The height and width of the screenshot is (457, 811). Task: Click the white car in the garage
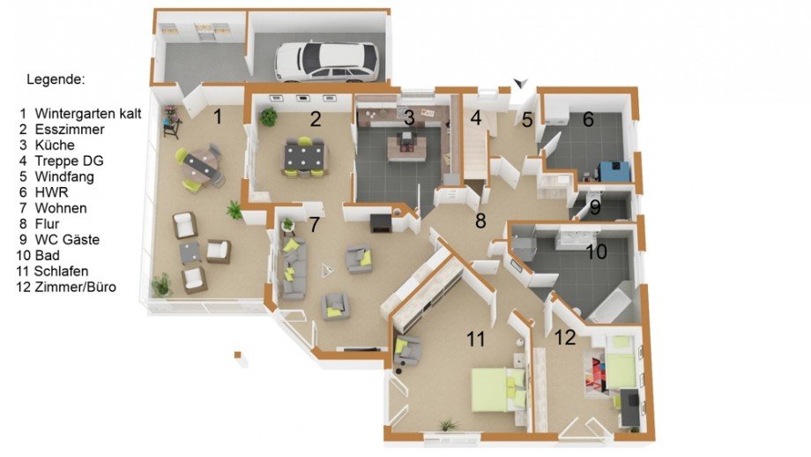tap(326, 62)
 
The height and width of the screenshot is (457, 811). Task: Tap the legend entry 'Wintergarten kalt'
tap(88, 113)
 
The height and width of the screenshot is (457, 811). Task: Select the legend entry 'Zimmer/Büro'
tap(76, 287)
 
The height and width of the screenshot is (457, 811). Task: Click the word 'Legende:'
tap(56, 79)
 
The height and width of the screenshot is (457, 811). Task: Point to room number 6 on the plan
tap(588, 120)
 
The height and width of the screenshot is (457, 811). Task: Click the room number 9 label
tap(595, 208)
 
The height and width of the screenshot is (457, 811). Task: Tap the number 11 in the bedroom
tap(476, 340)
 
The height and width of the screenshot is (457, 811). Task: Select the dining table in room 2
tap(305, 157)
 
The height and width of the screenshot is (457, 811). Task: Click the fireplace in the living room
tap(381, 223)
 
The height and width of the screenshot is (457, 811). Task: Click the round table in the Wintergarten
tap(200, 166)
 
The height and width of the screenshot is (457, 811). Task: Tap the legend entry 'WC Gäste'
tap(67, 240)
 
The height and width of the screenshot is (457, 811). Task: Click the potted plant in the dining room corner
tap(269, 117)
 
